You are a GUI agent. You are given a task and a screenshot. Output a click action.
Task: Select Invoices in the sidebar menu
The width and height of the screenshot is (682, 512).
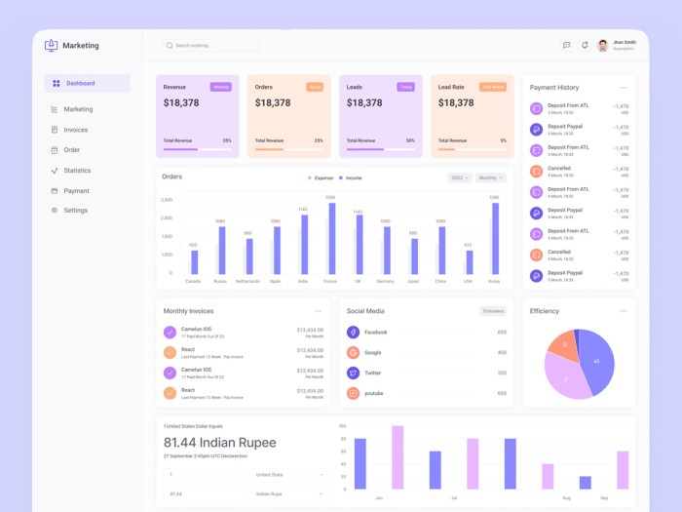(x=75, y=130)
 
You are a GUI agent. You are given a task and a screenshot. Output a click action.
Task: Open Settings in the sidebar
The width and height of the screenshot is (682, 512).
(x=75, y=211)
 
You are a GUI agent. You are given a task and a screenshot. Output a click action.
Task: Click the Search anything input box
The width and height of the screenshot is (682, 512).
(x=210, y=45)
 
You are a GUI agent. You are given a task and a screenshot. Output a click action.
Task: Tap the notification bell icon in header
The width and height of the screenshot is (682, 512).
(x=585, y=45)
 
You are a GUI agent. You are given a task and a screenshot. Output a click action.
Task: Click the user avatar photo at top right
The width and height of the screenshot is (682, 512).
(x=602, y=45)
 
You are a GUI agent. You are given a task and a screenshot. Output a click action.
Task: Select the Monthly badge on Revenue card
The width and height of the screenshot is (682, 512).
(x=221, y=87)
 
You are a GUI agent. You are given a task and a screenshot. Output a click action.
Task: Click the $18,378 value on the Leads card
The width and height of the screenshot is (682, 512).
(x=364, y=102)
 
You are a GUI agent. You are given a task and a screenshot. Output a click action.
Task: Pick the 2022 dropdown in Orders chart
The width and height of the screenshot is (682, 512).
(x=460, y=178)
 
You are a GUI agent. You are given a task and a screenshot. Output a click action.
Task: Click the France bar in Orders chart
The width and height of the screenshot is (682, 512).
(x=331, y=239)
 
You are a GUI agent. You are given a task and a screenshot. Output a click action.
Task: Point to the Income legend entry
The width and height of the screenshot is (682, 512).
(x=350, y=178)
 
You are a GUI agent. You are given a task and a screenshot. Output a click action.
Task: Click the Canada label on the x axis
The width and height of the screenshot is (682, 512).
(x=193, y=281)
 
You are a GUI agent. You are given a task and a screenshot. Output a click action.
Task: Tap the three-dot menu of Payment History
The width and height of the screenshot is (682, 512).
(x=624, y=88)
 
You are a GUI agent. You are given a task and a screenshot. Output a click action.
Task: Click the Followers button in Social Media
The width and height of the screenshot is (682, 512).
(x=493, y=311)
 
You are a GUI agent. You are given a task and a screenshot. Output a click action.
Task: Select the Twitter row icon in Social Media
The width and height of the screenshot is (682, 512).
(x=354, y=373)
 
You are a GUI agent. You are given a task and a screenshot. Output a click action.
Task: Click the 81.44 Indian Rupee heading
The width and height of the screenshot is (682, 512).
(x=219, y=442)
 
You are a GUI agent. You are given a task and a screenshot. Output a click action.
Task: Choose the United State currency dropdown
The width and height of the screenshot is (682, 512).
(x=288, y=475)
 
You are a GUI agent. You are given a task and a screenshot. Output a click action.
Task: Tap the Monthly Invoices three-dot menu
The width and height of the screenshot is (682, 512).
(x=318, y=311)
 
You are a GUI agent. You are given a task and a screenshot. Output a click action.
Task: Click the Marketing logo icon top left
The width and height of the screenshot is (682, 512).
(x=52, y=45)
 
